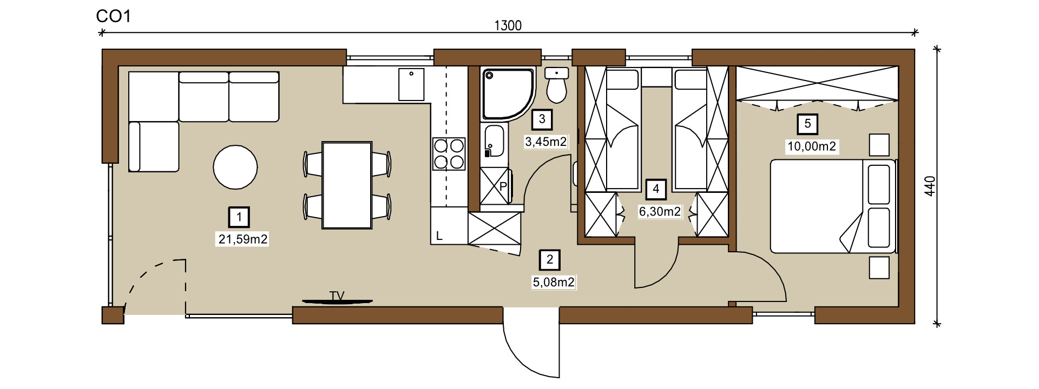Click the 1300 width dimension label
pyautogui.click(x=508, y=25)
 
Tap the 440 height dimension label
pyautogui.click(x=930, y=186)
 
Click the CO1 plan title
pyautogui.click(x=114, y=16)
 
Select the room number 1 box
pyautogui.click(x=239, y=217)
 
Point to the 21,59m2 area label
pyautogui.click(x=243, y=239)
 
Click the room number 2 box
pyautogui.click(x=550, y=260)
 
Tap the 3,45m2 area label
pyautogui.click(x=545, y=142)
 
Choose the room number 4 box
pyautogui.click(x=656, y=189)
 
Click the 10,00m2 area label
pyautogui.click(x=812, y=146)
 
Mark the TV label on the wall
pyautogui.click(x=337, y=296)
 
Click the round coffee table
pyautogui.click(x=235, y=167)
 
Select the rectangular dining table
pyautogui.click(x=347, y=185)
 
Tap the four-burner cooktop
pyautogui.click(x=449, y=154)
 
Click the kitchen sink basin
pyautogui.click(x=411, y=84)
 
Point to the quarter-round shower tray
pyautogui.click(x=508, y=93)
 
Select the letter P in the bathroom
pyautogui.click(x=503, y=186)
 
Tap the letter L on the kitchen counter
pyautogui.click(x=439, y=236)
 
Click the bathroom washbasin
pyautogui.click(x=494, y=142)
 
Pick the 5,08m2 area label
pyautogui.click(x=554, y=282)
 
